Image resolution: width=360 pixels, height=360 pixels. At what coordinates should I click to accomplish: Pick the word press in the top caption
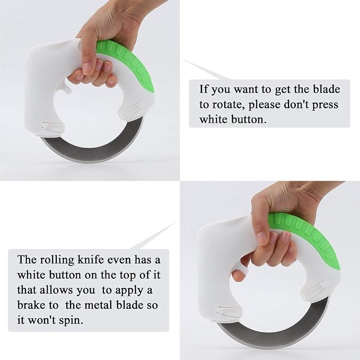tap(324, 106)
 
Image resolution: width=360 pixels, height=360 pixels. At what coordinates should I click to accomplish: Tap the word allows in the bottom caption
tap(56, 290)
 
